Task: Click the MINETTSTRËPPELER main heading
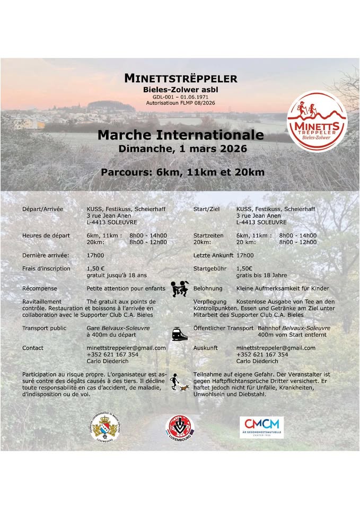click(180, 78)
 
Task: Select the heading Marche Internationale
click(180, 135)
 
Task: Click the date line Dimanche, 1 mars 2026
click(180, 149)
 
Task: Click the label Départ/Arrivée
click(42, 209)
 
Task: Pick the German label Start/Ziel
click(206, 209)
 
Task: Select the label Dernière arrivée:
click(46, 255)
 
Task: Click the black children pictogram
click(180, 288)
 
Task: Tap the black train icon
click(180, 334)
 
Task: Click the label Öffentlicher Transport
click(223, 328)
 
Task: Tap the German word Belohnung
click(208, 288)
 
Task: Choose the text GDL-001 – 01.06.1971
click(180, 98)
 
